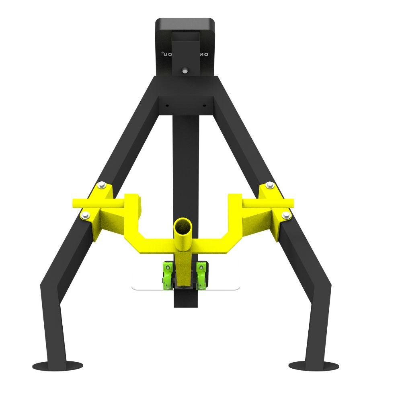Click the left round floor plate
(57, 366)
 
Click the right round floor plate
(314, 366)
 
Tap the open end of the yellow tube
(183, 227)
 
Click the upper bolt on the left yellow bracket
(100, 185)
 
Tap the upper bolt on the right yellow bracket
(270, 185)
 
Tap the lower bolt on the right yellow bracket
(286, 216)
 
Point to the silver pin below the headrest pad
(185, 70)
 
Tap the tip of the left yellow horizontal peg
(74, 203)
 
